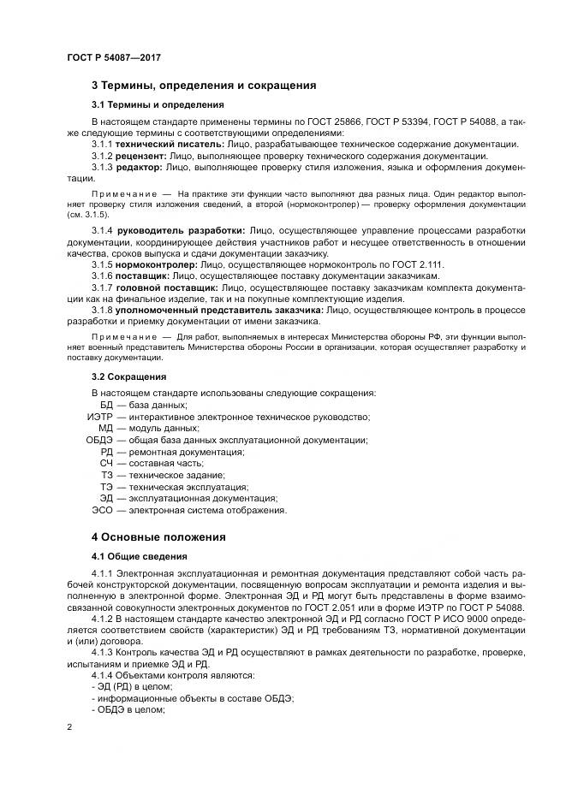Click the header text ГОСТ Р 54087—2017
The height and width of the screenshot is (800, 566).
(x=113, y=57)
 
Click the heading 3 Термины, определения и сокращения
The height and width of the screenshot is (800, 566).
(x=204, y=86)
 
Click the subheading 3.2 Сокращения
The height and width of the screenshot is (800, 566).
(x=128, y=376)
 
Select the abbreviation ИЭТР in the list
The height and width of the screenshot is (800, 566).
(x=100, y=417)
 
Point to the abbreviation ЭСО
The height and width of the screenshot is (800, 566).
(x=103, y=510)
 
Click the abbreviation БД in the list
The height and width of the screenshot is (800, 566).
(x=106, y=405)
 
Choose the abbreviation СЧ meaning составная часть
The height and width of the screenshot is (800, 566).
(x=106, y=463)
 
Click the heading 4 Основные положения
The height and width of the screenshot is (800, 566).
(x=158, y=537)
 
